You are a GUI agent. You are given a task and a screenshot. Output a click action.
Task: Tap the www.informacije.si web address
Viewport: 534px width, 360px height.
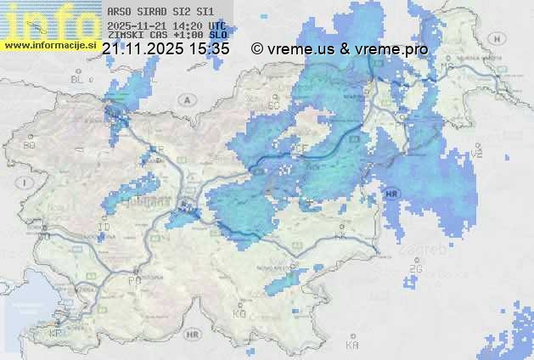tap(50, 45)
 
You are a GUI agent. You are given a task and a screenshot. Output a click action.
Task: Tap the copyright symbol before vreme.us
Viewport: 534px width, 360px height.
tap(256, 49)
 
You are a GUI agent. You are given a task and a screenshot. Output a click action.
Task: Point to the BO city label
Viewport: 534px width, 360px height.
tap(30, 145)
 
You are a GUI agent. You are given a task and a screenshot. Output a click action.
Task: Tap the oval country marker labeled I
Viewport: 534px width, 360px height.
tap(26, 182)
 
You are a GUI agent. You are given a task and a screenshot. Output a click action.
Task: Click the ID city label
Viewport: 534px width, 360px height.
tap(104, 228)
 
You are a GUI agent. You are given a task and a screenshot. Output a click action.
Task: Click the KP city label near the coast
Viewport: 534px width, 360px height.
tap(56, 333)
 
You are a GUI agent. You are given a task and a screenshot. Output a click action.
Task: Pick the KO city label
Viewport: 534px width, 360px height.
tap(239, 313)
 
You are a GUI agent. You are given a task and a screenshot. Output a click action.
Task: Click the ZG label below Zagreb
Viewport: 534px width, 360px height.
tap(415, 269)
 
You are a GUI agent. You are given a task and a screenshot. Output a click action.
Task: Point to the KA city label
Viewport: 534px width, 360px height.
tap(352, 345)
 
